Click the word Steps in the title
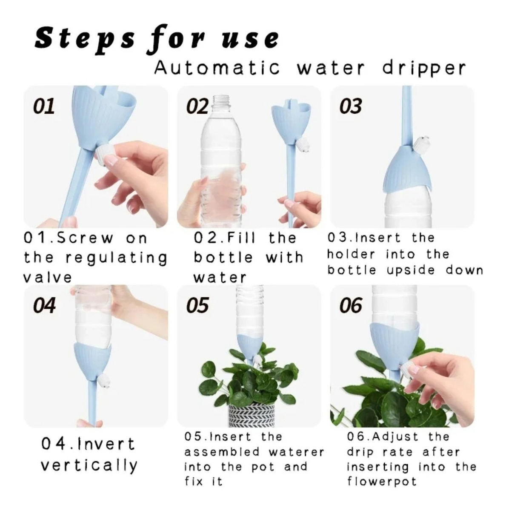[85, 39]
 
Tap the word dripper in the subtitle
[424, 69]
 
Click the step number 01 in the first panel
[44, 106]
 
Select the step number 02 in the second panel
[197, 106]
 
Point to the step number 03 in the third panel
[351, 106]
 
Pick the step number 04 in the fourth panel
[44, 305]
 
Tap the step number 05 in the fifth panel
[197, 305]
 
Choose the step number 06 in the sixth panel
[351, 305]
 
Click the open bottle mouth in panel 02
[222, 100]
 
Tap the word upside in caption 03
[411, 270]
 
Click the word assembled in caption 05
[222, 452]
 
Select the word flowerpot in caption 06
[382, 481]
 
